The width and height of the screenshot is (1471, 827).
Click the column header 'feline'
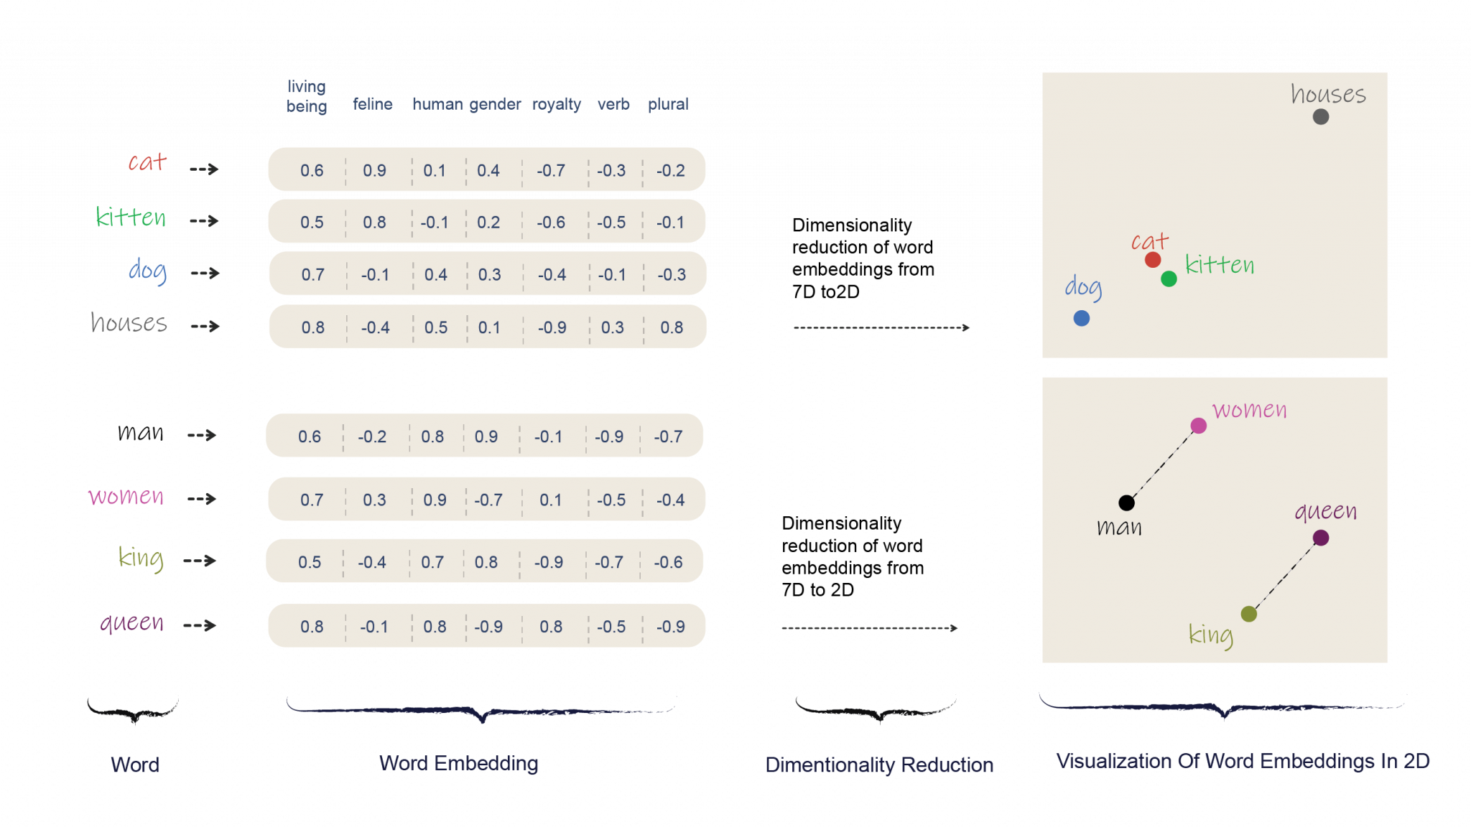click(x=373, y=104)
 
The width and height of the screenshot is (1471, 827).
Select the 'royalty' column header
click(x=557, y=104)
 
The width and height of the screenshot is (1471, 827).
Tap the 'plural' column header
click(x=668, y=104)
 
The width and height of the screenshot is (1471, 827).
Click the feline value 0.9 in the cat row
click(x=374, y=170)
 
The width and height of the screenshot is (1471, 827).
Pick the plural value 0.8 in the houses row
click(x=672, y=327)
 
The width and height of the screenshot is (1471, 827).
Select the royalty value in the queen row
click(x=551, y=627)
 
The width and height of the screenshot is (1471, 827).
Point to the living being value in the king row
click(x=310, y=562)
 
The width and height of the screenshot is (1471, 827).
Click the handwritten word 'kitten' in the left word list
click(x=131, y=217)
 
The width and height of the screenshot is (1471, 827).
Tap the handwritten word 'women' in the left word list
click(x=126, y=497)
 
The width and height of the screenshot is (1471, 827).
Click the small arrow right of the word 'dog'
click(x=205, y=274)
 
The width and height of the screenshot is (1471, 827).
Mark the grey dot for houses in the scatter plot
click(x=1320, y=117)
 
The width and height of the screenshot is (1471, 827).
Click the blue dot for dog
click(x=1081, y=318)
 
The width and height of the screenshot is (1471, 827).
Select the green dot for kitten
click(x=1169, y=279)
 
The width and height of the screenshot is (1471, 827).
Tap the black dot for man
click(x=1126, y=503)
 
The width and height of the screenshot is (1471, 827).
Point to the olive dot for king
click(x=1248, y=614)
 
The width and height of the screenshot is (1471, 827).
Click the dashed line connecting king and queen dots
click(x=1285, y=576)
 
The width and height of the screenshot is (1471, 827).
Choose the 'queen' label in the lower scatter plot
click(x=1325, y=511)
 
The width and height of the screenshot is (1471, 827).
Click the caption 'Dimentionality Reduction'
click(x=879, y=765)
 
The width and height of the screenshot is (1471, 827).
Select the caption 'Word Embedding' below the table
click(x=459, y=763)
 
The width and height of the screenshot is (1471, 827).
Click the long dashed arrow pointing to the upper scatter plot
click(x=881, y=327)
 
